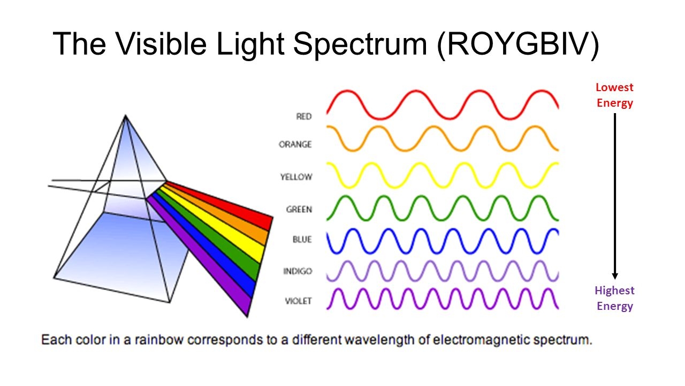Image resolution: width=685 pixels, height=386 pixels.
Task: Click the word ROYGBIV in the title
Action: [x=518, y=44]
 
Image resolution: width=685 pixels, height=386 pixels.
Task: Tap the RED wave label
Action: [x=303, y=116]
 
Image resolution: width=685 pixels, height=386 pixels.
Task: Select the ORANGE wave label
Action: [x=295, y=144]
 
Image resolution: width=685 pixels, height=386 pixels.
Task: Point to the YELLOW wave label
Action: [x=296, y=177]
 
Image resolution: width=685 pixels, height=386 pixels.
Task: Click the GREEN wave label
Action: [x=299, y=209]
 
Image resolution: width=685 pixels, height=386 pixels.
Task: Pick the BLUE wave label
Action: [x=302, y=239]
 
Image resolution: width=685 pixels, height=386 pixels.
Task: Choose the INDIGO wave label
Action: [x=298, y=271]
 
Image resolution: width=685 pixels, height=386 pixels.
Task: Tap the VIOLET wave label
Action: [x=298, y=301]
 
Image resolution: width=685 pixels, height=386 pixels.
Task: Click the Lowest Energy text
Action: [x=614, y=95]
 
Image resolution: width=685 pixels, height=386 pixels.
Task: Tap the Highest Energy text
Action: [x=614, y=298]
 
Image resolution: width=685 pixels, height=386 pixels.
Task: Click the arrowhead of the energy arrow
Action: [x=615, y=276]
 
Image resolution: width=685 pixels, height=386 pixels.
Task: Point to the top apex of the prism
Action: [x=125, y=115]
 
